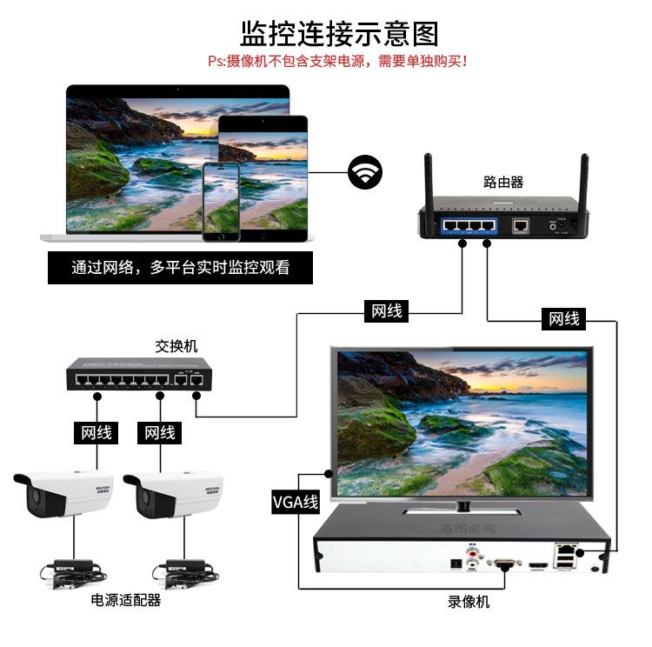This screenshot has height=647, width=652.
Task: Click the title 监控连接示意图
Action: pyautogui.click(x=339, y=33)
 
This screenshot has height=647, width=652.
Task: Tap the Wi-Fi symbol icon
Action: pyautogui.click(x=365, y=171)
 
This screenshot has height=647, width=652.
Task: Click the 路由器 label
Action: pyautogui.click(x=503, y=182)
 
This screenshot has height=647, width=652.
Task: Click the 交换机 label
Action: pyautogui.click(x=176, y=345)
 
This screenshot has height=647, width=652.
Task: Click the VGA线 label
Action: pyautogui.click(x=296, y=502)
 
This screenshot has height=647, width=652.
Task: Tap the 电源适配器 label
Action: pyautogui.click(x=127, y=600)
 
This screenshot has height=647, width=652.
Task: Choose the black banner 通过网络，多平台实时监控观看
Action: pyautogui.click(x=180, y=268)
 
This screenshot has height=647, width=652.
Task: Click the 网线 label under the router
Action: pyautogui.click(x=387, y=310)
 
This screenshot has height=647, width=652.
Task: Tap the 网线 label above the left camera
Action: pyautogui.click(x=96, y=432)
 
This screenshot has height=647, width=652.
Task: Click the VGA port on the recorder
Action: pyautogui.click(x=504, y=563)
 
